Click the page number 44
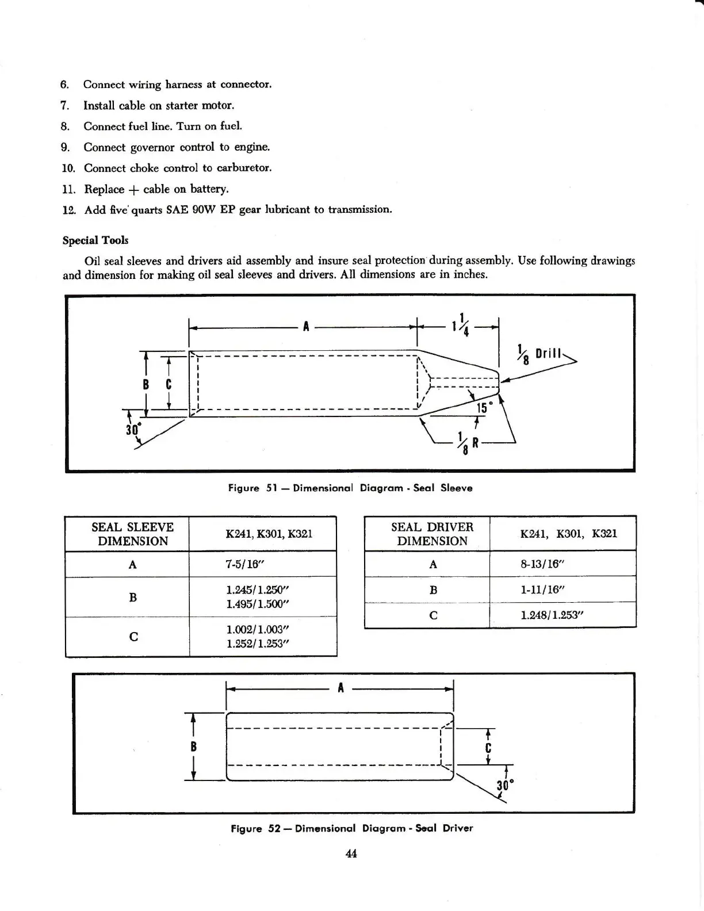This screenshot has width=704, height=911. click(x=351, y=853)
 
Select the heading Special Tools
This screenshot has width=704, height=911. click(x=95, y=240)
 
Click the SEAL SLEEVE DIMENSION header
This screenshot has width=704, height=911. click(x=132, y=534)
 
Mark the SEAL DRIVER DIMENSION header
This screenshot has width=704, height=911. click(x=432, y=534)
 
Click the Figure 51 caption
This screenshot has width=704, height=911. click(x=350, y=488)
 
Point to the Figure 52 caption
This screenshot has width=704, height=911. click(x=351, y=828)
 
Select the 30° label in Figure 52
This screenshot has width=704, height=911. click(x=504, y=786)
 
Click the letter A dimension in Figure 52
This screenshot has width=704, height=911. click(x=341, y=687)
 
